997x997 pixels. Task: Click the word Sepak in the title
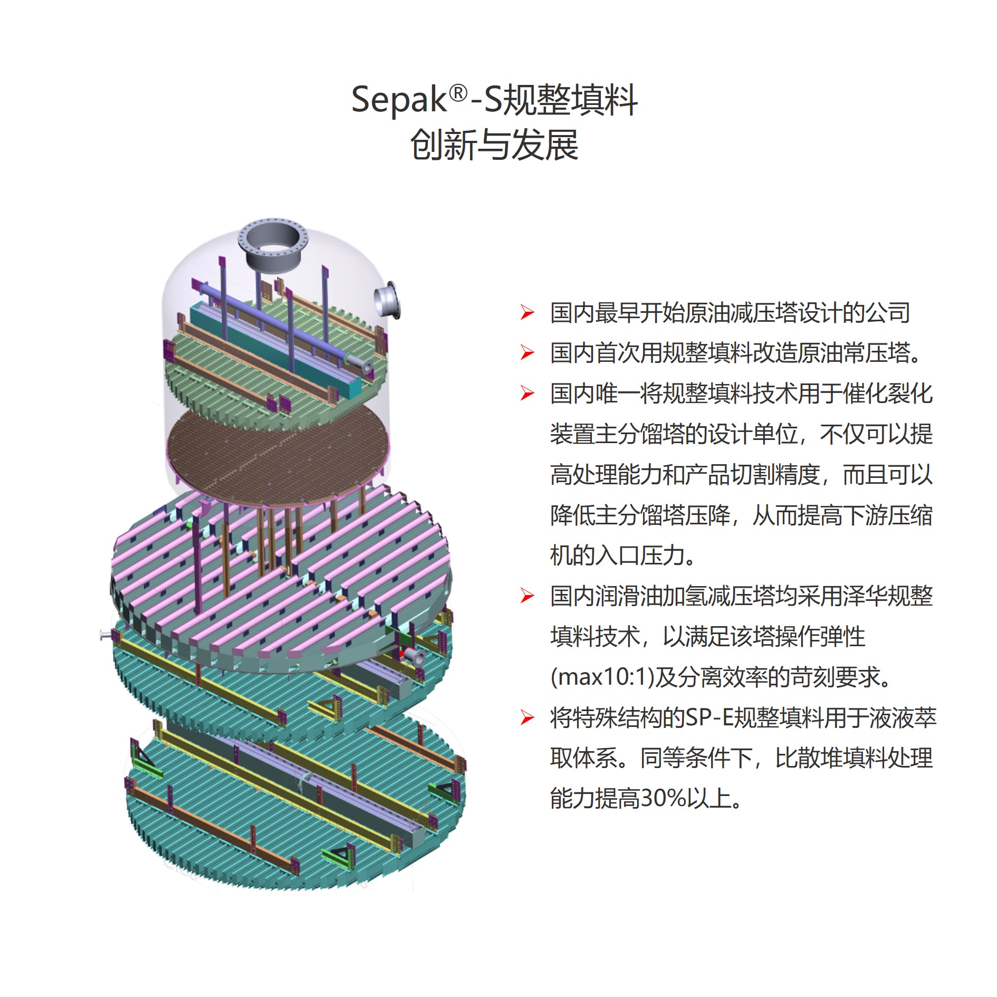[399, 100]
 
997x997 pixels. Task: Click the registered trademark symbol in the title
[458, 94]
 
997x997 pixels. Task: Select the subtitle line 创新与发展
[494, 145]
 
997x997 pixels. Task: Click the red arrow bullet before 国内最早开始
[527, 313]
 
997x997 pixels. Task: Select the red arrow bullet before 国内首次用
[527, 353]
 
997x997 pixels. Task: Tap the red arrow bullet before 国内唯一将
[527, 394]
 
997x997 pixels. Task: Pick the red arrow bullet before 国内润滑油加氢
[527, 596]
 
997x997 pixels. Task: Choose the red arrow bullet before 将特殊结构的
[527, 717]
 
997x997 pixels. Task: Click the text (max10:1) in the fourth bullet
[598, 677]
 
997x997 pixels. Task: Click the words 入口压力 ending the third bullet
[641, 555]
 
